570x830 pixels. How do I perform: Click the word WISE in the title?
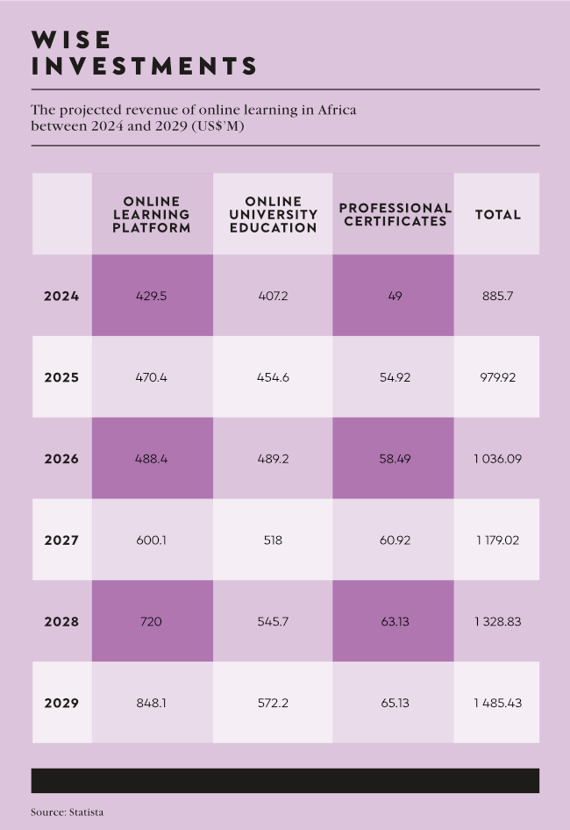tap(71, 39)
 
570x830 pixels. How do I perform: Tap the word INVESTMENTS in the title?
tap(144, 66)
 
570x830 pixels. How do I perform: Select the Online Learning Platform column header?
tap(152, 214)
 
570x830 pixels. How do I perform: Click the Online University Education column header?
tap(274, 214)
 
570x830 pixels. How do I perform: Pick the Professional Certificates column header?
tap(395, 214)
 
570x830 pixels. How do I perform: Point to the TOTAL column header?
tap(497, 214)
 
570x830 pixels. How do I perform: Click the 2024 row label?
tap(61, 297)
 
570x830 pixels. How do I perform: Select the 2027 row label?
tap(61, 540)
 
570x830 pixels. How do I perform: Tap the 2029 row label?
tap(61, 703)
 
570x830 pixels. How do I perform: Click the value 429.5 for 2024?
tap(152, 297)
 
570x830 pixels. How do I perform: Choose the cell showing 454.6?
tap(274, 377)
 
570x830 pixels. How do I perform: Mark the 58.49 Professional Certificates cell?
tap(395, 459)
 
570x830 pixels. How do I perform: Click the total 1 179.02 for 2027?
tap(497, 540)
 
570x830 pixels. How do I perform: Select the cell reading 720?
tap(152, 621)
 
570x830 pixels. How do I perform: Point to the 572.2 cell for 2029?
tap(274, 703)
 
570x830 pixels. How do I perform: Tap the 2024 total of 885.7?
tap(497, 297)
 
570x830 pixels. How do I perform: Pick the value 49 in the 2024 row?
tap(395, 297)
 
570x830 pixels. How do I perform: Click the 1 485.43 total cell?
tap(497, 703)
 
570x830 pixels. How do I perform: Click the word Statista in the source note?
tap(86, 812)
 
